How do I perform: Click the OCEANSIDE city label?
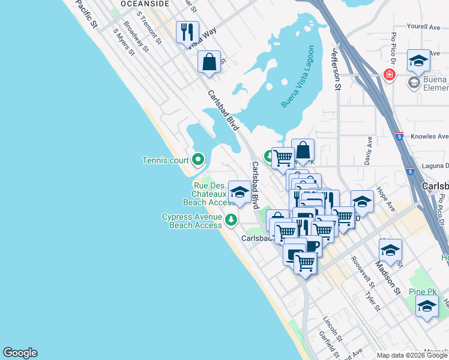[x=128, y=3]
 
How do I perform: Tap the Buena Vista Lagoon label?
[x=300, y=77]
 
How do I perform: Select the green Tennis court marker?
[x=198, y=160]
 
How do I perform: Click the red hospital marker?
[x=390, y=74]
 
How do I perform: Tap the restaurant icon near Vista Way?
[x=187, y=31]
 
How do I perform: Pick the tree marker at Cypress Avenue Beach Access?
[x=232, y=221]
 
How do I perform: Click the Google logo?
[x=20, y=353]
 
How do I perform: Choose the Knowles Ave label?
[x=430, y=137]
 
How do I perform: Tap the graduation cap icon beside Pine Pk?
[x=427, y=307]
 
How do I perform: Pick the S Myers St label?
[x=124, y=43]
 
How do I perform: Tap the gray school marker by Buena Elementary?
[x=414, y=82]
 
